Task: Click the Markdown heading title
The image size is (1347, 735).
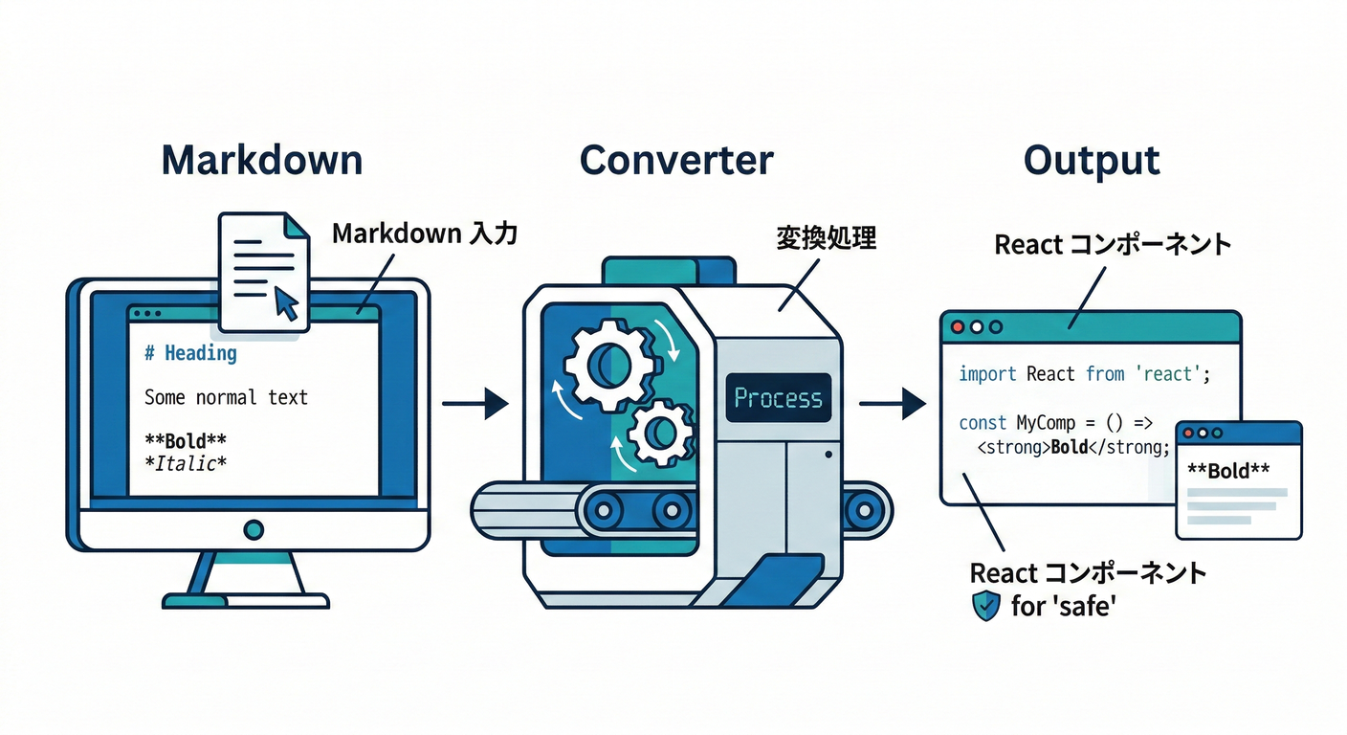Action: point(261,160)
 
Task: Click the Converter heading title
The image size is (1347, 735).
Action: point(676,160)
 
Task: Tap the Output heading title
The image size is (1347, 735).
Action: point(1092,160)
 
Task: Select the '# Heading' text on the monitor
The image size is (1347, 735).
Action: point(190,353)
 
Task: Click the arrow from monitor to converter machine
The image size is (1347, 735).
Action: point(475,403)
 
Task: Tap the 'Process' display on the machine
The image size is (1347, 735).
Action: point(777,398)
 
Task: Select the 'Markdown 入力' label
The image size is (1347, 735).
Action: point(424,233)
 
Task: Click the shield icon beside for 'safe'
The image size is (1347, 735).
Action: point(985,606)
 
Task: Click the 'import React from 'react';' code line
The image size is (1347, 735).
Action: point(1084,373)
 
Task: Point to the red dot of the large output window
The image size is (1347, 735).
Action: point(957,326)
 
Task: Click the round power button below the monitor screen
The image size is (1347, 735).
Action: point(254,528)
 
